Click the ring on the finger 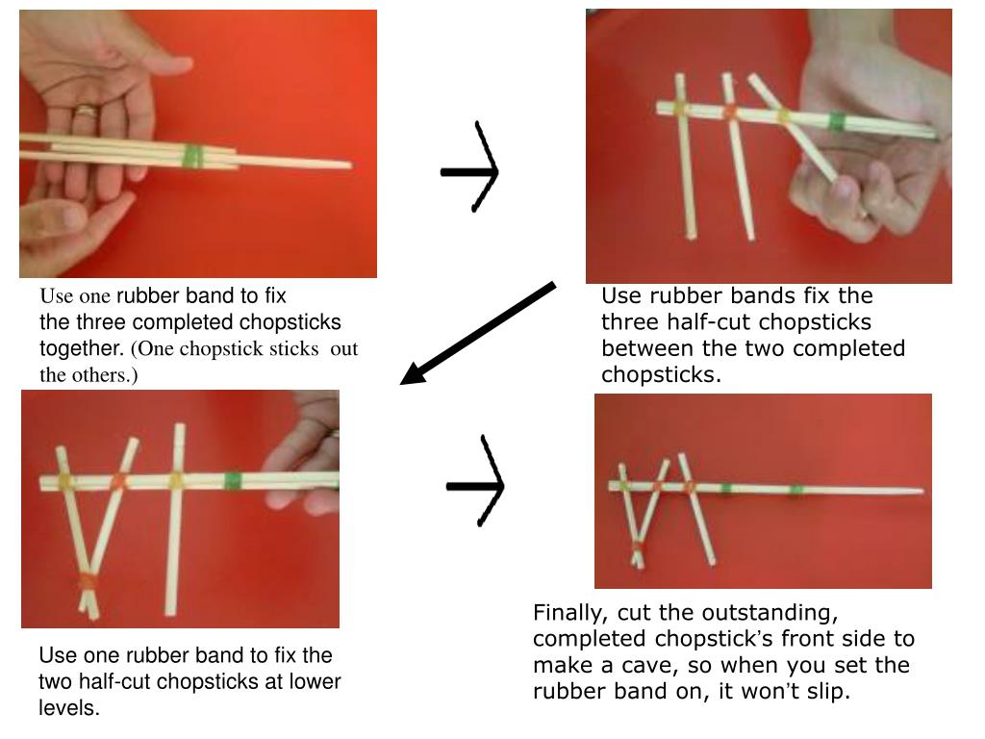(x=87, y=112)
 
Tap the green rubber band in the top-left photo (x=193, y=157)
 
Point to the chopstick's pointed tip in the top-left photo (x=349, y=166)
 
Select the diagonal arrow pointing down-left (x=478, y=333)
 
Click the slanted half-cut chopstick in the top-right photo (x=793, y=128)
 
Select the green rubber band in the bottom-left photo (x=233, y=481)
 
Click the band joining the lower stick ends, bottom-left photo (x=88, y=582)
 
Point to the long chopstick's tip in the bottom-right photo (x=922, y=491)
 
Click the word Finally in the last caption (x=570, y=612)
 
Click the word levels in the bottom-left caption (x=69, y=707)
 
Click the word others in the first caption (x=106, y=374)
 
